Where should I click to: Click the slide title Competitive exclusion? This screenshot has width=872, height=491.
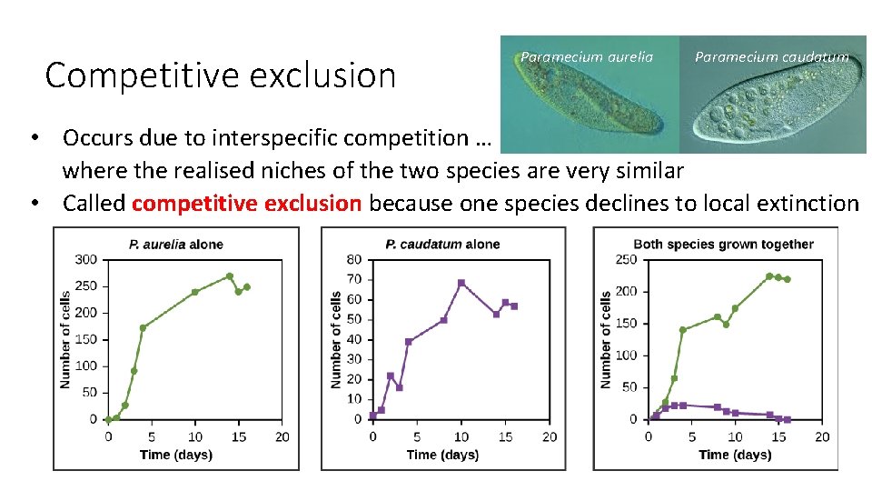[x=221, y=75]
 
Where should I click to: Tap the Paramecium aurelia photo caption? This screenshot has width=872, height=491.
[x=586, y=56]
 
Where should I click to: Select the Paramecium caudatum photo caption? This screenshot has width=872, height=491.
[x=771, y=56]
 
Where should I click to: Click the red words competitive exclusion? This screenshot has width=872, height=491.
[x=246, y=203]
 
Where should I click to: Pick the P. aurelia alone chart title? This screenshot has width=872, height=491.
[x=175, y=244]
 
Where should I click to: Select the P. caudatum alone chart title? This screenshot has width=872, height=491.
[x=442, y=244]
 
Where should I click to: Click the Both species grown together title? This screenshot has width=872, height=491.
[x=723, y=244]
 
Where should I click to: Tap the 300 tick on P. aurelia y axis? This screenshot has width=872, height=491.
[x=87, y=259]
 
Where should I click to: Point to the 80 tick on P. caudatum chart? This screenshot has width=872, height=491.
[x=354, y=259]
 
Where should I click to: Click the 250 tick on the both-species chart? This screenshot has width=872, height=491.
[x=627, y=259]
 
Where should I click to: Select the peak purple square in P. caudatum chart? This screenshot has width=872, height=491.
[x=461, y=283]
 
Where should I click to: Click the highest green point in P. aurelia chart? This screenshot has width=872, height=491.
[x=230, y=276]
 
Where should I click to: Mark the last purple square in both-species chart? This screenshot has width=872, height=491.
[x=787, y=419]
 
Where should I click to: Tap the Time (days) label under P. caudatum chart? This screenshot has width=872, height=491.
[x=442, y=455]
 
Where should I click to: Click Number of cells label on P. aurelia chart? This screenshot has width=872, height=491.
[x=65, y=339]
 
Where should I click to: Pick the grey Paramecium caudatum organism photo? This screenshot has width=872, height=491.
[x=772, y=100]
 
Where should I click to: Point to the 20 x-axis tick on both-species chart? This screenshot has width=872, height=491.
[x=822, y=436]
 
